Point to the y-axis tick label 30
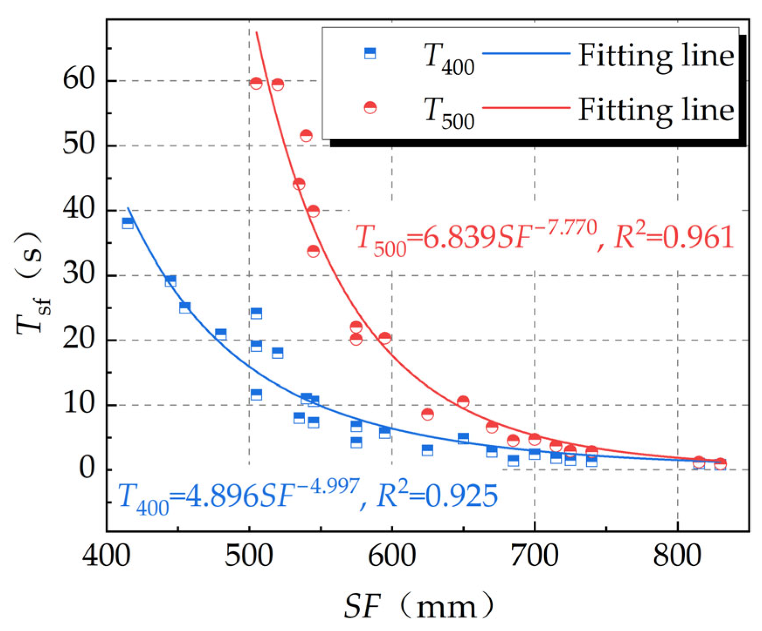click(x=79, y=275)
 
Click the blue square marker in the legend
click(x=370, y=54)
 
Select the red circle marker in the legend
click(x=370, y=107)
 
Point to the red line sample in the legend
click(x=526, y=107)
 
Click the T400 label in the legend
click(x=449, y=59)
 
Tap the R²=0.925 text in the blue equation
click(x=436, y=496)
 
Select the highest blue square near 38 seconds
click(x=127, y=223)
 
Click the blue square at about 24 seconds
click(x=256, y=313)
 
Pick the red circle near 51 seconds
click(x=306, y=136)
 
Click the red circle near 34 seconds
click(x=313, y=251)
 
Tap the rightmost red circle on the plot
click(x=720, y=464)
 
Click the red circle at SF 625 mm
click(x=427, y=414)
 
